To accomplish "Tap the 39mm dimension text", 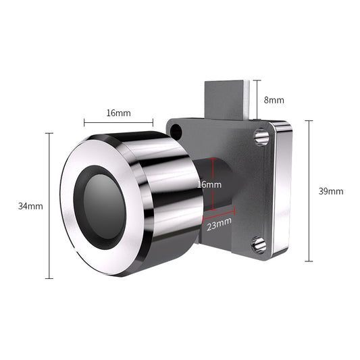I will point(330,191).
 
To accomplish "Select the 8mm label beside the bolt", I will point(274,100).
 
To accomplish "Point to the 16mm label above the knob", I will point(118,113).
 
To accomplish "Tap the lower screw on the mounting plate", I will point(258,245).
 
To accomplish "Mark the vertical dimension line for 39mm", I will point(309,191).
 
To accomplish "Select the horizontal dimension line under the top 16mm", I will point(118,123).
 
